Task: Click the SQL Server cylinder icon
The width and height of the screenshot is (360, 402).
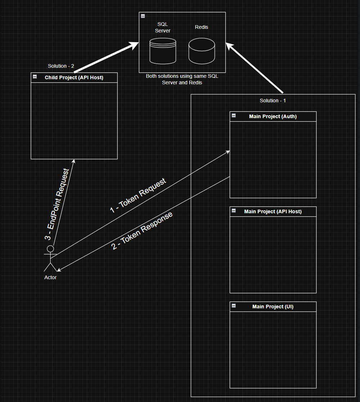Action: pyautogui.click(x=163, y=52)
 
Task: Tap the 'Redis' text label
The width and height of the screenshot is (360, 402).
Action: pyautogui.click(x=201, y=27)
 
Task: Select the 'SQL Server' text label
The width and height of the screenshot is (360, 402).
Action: pyautogui.click(x=163, y=27)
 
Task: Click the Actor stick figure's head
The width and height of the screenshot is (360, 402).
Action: pyautogui.click(x=50, y=249)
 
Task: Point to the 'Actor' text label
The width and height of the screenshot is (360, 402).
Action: pyautogui.click(x=50, y=277)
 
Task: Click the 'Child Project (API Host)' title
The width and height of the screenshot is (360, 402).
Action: pyautogui.click(x=74, y=77)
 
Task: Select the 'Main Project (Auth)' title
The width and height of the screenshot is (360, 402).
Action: pyautogui.click(x=273, y=116)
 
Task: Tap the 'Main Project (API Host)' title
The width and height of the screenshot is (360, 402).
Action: pyautogui.click(x=273, y=211)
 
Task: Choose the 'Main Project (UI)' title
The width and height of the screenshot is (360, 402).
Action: pyautogui.click(x=273, y=307)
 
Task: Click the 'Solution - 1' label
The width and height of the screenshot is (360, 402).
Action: pyautogui.click(x=273, y=100)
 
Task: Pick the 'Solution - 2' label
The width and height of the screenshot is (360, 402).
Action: pyautogui.click(x=61, y=66)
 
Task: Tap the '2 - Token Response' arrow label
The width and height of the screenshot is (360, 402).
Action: pyautogui.click(x=142, y=231)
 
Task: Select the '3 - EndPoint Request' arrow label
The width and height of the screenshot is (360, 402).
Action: pyautogui.click(x=57, y=204)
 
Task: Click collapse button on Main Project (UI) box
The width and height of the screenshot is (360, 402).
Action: pyautogui.click(x=234, y=305)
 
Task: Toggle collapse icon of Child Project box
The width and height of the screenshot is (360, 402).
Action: pyautogui.click(x=35, y=76)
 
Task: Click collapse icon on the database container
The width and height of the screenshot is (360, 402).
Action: pyautogui.click(x=143, y=16)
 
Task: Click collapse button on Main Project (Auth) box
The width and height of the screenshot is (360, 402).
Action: pyautogui.click(x=234, y=115)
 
